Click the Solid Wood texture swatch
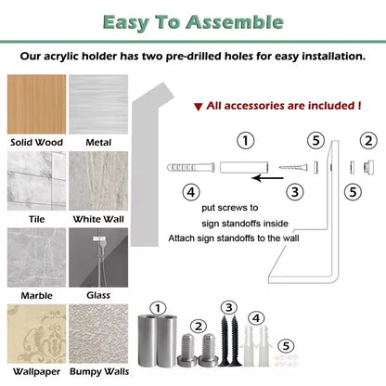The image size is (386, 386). tap(36, 104)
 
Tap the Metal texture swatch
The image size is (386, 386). tap(98, 104)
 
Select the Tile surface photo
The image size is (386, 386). tap(36, 181)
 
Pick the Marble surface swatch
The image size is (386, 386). tap(36, 257)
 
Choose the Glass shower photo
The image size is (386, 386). tap(98, 257)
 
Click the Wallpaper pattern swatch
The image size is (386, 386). tap(36, 334)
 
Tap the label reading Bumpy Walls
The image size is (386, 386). tap(99, 371)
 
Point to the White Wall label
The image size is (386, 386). tap(98, 219)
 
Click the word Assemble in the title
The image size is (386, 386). tap(235, 22)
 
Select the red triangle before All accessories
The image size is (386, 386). tap(198, 107)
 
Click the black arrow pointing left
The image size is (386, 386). tap(267, 178)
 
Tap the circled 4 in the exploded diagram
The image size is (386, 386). tap(191, 192)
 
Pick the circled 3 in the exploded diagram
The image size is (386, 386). tap(295, 192)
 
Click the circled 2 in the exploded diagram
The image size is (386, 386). tap(368, 141)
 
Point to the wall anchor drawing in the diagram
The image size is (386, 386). tap(191, 167)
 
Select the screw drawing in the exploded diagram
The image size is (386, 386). tap(293, 168)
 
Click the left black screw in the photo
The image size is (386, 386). tap(225, 341)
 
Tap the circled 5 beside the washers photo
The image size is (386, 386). tap(286, 346)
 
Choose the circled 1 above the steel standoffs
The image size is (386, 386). tap(158, 308)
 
